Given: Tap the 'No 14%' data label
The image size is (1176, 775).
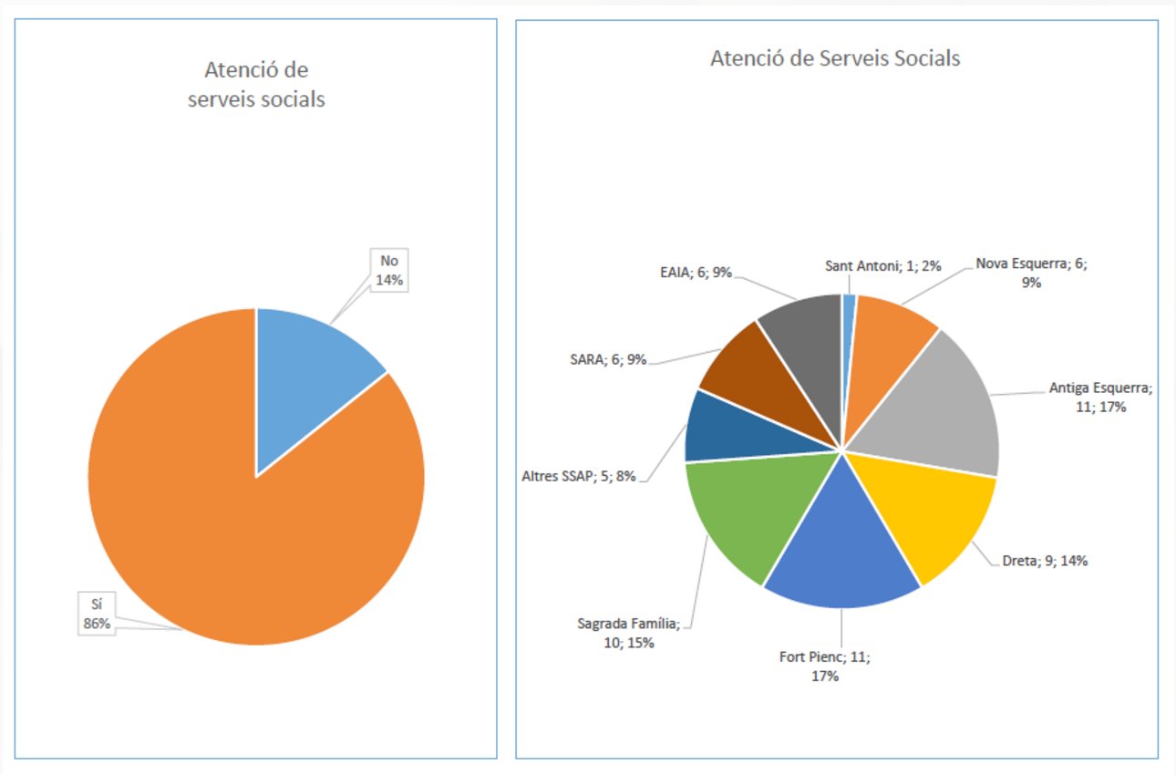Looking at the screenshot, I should point(389,269).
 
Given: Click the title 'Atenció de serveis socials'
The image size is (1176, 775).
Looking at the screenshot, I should point(256,85).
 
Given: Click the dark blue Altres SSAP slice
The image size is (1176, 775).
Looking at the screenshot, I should point(716,429).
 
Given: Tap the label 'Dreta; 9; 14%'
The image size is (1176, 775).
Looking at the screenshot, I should point(1038,561).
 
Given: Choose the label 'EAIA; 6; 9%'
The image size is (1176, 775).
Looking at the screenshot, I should point(696,271).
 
